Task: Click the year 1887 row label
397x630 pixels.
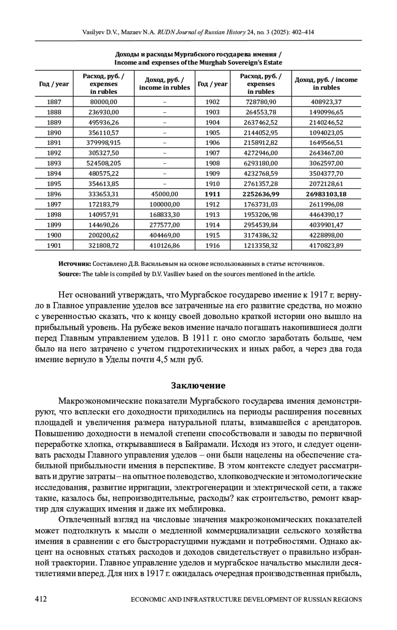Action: (x=54, y=102)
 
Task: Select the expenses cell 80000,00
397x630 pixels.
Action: (x=103, y=102)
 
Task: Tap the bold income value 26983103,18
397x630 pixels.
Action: (x=326, y=194)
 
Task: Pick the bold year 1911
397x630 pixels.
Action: (x=212, y=194)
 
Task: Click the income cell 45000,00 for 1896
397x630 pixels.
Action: (x=164, y=194)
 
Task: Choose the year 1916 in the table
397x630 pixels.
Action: (x=212, y=246)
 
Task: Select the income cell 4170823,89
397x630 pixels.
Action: (x=326, y=246)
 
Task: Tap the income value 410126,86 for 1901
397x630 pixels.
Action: (x=164, y=246)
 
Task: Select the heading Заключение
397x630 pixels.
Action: (x=198, y=386)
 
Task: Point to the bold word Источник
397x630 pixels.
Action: (x=74, y=264)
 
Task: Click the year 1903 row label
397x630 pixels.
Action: (x=212, y=112)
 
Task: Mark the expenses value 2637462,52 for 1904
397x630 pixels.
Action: (x=261, y=123)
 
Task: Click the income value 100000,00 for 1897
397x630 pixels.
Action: (x=164, y=205)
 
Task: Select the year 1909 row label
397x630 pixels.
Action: (x=212, y=174)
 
